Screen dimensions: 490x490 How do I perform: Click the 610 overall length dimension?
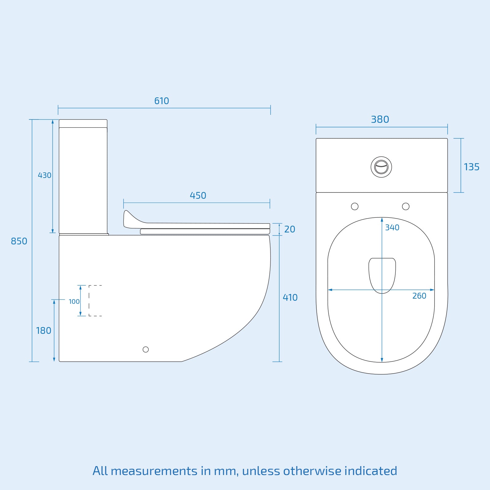[161, 101]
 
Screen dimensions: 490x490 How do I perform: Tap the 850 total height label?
[19, 241]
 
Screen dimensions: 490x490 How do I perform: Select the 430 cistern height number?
[44, 175]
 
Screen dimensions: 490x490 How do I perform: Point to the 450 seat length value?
[198, 196]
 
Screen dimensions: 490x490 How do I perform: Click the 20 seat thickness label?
[289, 229]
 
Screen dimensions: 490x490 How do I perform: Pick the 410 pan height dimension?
[290, 298]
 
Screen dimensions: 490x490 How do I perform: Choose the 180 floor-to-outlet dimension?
[43, 331]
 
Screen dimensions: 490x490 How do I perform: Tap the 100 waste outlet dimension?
[74, 302]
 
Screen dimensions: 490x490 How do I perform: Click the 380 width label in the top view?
[380, 119]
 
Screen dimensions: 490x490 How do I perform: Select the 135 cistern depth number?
[471, 167]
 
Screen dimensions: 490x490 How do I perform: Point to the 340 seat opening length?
[392, 228]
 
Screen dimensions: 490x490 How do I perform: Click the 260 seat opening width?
[419, 296]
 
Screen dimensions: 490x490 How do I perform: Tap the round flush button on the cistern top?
[381, 167]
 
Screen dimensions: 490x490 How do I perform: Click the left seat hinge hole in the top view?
[355, 206]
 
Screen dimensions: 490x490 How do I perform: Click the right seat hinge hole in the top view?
[405, 206]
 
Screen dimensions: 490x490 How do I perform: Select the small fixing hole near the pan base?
[146, 349]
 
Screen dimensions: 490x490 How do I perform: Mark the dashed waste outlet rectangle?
[95, 300]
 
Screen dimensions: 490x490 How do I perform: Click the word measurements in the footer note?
[154, 471]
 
